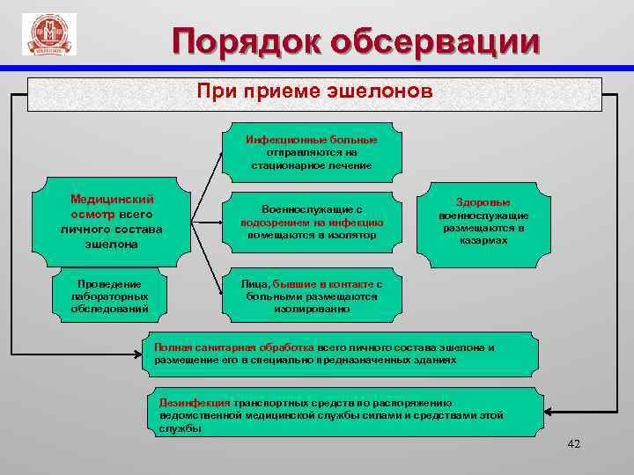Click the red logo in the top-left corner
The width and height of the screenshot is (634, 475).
pyautogui.click(x=49, y=34)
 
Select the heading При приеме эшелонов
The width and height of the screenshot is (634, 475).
pyautogui.click(x=314, y=91)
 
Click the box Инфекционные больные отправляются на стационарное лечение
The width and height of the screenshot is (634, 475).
pyautogui.click(x=311, y=152)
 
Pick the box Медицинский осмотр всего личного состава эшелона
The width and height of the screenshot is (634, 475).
pyautogui.click(x=112, y=221)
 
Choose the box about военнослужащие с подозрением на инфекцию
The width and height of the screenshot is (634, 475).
pyautogui.click(x=311, y=222)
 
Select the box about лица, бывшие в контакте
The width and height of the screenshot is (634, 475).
pyautogui.click(x=311, y=296)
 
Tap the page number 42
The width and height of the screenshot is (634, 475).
pyautogui.click(x=574, y=445)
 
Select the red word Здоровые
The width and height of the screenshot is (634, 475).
pyautogui.click(x=483, y=201)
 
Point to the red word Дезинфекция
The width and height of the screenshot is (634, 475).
pyautogui.click(x=195, y=401)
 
